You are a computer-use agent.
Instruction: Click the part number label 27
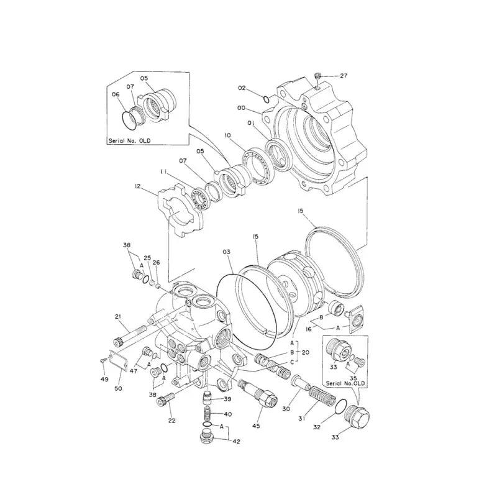(x=344, y=76)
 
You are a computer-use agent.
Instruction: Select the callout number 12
(x=137, y=185)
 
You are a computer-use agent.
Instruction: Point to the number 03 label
(x=227, y=252)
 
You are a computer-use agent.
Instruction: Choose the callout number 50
(x=118, y=388)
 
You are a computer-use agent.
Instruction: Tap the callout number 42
(x=237, y=442)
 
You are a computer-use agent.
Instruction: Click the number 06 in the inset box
(x=116, y=94)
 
